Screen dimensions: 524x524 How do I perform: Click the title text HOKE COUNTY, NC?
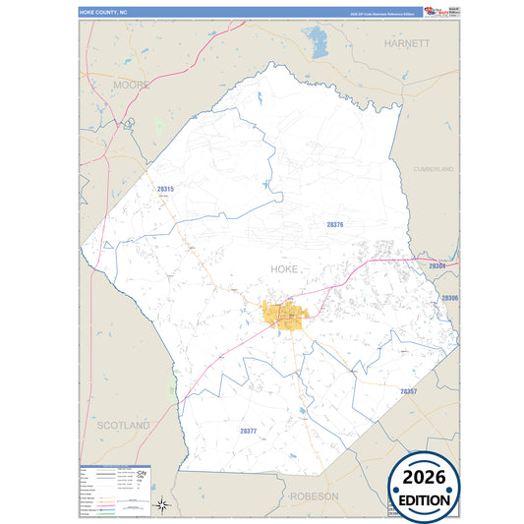point(105,12)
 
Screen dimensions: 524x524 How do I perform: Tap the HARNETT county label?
point(407,44)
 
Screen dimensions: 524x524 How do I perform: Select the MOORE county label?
point(131,86)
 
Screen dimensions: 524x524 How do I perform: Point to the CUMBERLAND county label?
point(434,170)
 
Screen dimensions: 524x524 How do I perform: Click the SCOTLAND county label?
point(123,425)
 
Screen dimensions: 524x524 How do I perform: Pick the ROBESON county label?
point(314,496)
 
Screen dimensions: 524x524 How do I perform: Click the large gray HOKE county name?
point(283,268)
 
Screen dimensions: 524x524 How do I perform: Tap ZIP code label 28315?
point(165,189)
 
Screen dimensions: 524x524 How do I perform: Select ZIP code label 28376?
point(335,225)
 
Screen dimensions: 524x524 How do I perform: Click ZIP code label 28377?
point(249,431)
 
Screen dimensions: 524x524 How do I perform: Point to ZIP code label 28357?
point(409,391)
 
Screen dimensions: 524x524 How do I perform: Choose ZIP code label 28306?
point(449,297)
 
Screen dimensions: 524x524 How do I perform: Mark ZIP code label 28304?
point(437,266)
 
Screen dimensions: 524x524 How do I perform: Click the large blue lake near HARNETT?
point(317,42)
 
